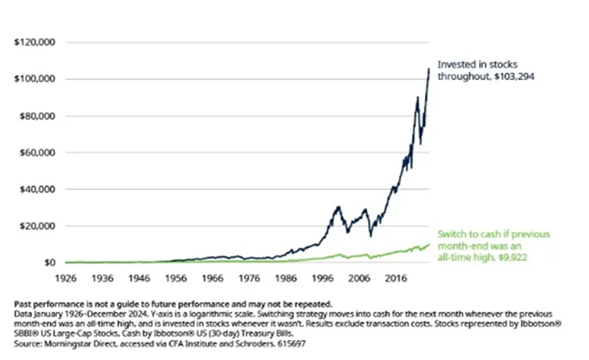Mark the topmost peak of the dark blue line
click(x=428, y=68)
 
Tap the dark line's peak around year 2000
click(x=339, y=207)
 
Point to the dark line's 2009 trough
click(x=370, y=236)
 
